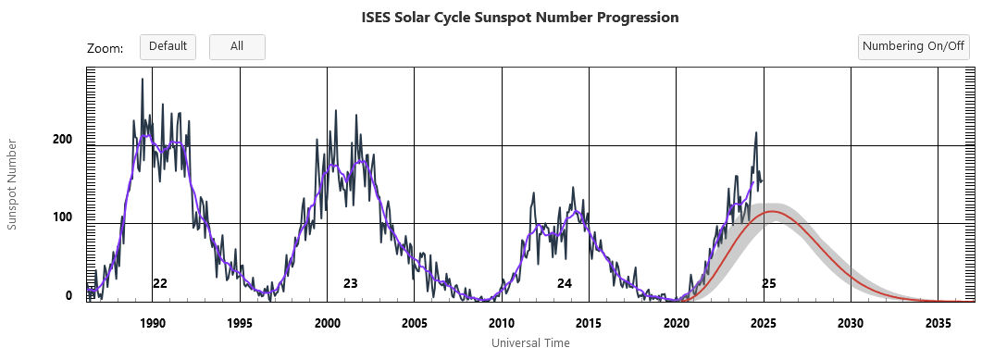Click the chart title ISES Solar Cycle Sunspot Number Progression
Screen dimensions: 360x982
tap(520, 18)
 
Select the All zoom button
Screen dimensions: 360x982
tap(237, 46)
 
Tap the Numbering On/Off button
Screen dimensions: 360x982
tap(913, 46)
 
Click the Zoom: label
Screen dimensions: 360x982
tap(105, 48)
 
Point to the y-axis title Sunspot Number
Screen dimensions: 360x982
tap(13, 184)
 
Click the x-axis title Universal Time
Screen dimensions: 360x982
tap(530, 343)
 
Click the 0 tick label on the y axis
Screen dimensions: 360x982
tap(68, 296)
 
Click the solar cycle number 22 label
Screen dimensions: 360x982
tap(160, 283)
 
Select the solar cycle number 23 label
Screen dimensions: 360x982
tap(350, 283)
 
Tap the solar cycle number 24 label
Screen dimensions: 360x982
tap(564, 283)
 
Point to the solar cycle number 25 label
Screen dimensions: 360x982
tap(768, 283)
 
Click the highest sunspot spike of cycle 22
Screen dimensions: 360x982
tap(142, 80)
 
